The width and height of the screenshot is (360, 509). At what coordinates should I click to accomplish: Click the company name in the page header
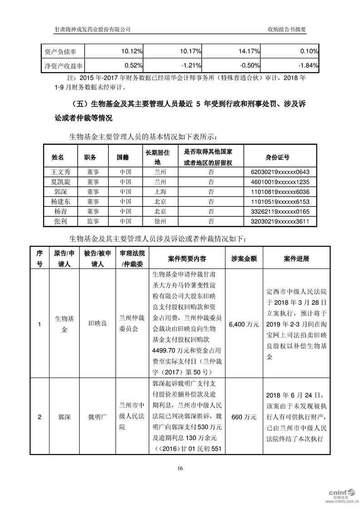click(93, 29)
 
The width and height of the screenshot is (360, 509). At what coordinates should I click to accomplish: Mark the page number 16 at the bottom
click(180, 468)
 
